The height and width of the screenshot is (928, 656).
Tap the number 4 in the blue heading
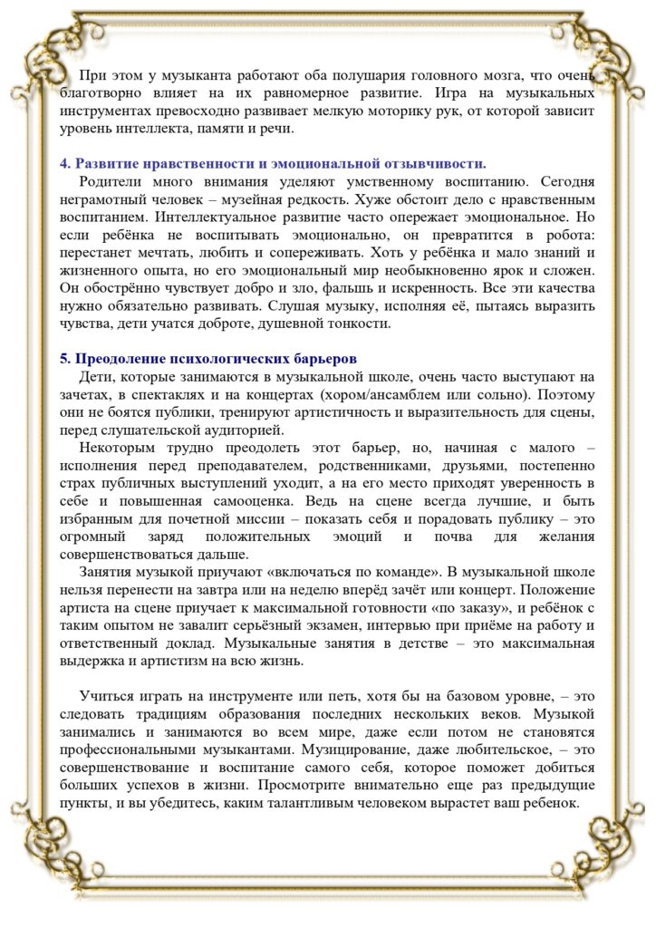pyautogui.click(x=64, y=163)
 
